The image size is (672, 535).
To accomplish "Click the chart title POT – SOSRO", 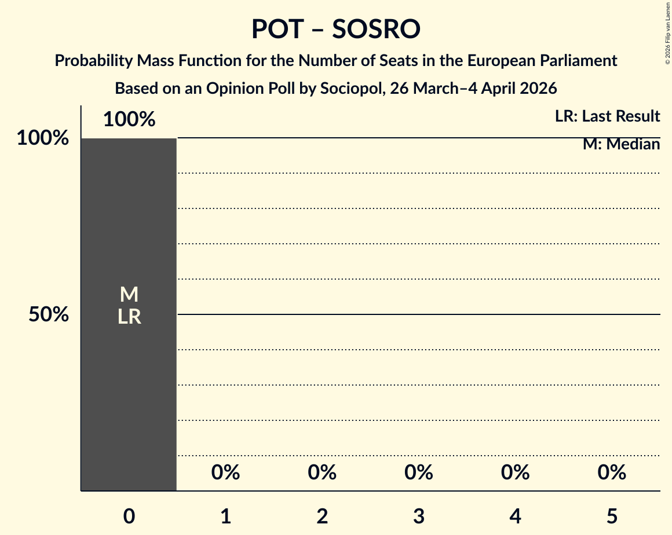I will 335,29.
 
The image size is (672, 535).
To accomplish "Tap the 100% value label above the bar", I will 129,120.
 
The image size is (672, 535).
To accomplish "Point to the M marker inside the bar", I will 129,295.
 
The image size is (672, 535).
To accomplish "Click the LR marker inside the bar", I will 129,317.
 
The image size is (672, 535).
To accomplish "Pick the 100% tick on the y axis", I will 42,138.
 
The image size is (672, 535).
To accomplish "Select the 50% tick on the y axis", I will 49,314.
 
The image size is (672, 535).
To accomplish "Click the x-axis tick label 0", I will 129,516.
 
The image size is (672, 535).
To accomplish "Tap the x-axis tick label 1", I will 226,516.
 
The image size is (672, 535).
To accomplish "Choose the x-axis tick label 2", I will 322,516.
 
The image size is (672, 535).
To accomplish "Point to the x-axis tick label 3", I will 419,516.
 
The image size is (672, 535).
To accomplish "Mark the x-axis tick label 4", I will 516,516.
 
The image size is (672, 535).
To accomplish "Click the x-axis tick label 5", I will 612,516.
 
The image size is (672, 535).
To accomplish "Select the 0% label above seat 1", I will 226,473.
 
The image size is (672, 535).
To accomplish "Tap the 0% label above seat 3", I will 419,473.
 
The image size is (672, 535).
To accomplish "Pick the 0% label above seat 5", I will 612,473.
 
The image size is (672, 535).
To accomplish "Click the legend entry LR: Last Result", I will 607,116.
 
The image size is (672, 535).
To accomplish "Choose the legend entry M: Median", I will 621,144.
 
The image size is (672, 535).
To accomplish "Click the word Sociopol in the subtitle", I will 353,89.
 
